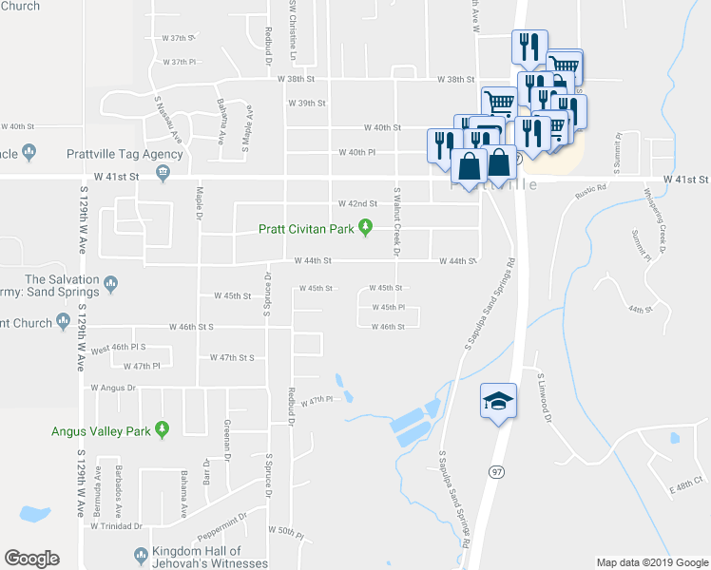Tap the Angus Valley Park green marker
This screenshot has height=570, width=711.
(x=162, y=431)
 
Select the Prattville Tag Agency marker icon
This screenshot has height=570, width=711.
(x=163, y=172)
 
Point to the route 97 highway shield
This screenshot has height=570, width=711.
(x=496, y=471)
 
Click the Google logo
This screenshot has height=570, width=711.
(x=31, y=559)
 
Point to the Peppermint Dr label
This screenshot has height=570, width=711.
(x=223, y=517)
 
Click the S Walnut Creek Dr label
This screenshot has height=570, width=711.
(x=398, y=222)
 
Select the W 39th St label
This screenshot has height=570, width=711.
(x=309, y=103)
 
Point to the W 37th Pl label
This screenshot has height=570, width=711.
(x=179, y=62)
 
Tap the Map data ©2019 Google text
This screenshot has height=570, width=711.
(x=651, y=562)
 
